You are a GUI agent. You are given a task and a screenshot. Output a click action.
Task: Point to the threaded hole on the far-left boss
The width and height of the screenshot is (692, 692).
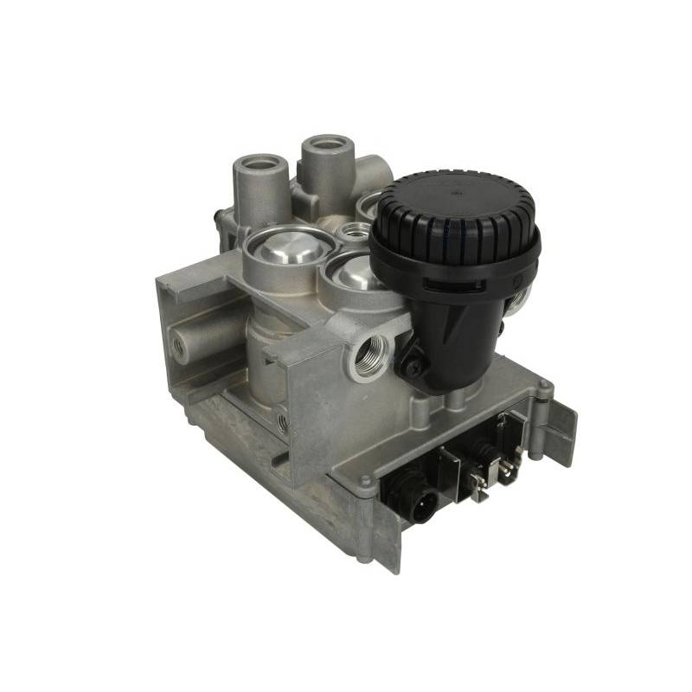click(179, 345)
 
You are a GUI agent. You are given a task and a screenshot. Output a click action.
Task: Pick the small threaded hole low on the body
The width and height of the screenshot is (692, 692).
click(283, 422)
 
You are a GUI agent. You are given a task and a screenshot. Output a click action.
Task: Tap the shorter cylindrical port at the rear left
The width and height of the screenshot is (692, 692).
click(259, 165)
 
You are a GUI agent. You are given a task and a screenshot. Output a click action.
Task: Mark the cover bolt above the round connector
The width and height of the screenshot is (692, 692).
click(367, 480)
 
